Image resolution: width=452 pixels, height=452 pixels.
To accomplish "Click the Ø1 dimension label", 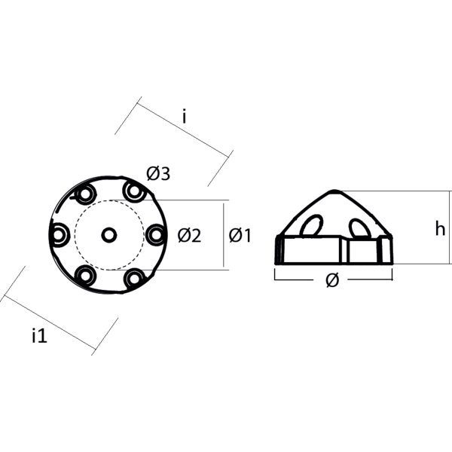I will [240, 235].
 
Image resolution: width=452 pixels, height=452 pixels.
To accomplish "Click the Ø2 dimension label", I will [189, 236].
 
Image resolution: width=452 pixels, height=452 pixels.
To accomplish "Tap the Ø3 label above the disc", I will [158, 174].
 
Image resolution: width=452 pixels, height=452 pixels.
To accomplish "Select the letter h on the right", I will [440, 229].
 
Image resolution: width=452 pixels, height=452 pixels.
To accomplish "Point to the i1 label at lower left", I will [39, 336].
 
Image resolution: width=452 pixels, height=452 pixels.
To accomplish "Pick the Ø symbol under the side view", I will [332, 280].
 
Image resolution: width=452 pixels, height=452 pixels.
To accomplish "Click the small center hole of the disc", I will [109, 236].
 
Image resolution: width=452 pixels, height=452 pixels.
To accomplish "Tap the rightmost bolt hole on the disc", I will [156, 235].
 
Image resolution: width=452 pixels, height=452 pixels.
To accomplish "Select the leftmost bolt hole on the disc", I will [60, 236].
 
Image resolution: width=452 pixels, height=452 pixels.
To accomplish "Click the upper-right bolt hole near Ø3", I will [135, 192].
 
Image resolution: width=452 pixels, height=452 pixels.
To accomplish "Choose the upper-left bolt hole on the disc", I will [84, 195].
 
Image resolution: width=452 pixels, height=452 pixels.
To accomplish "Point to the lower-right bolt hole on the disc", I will [135, 279].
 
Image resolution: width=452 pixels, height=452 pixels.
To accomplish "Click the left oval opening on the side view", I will [311, 225].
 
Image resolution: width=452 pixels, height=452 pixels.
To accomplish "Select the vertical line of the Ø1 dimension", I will [225, 235].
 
